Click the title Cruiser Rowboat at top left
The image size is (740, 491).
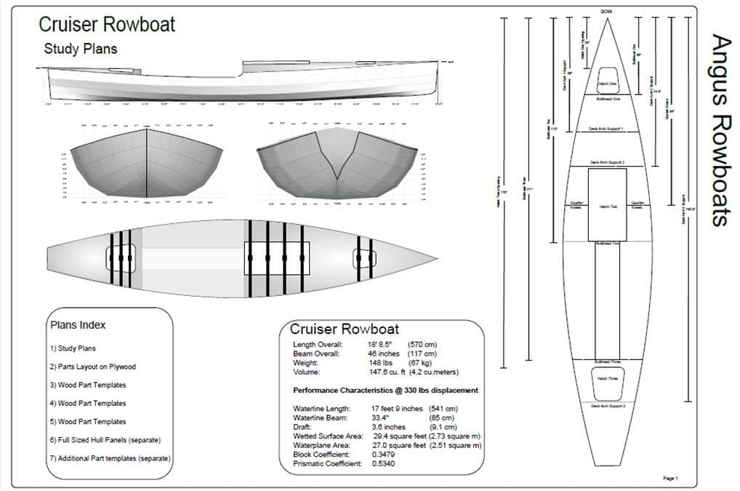pyautogui.click(x=107, y=25)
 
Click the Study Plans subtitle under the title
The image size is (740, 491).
pyautogui.click(x=80, y=49)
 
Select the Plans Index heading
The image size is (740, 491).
pyautogui.click(x=78, y=324)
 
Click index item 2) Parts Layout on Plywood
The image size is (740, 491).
pyautogui.click(x=93, y=367)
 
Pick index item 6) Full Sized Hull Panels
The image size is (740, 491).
pyautogui.click(x=105, y=440)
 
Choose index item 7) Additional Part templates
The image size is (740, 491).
pyautogui.click(x=110, y=458)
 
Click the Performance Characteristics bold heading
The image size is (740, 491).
pyautogui.click(x=385, y=391)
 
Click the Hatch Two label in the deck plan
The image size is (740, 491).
pyautogui.click(x=608, y=207)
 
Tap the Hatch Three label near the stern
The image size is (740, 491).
pyautogui.click(x=608, y=379)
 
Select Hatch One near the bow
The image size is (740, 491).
pyautogui.click(x=608, y=84)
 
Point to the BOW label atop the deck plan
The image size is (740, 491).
pyautogui.click(x=607, y=12)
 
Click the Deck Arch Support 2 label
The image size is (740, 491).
pyautogui.click(x=608, y=161)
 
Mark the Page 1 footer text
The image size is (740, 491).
pyautogui.click(x=669, y=478)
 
